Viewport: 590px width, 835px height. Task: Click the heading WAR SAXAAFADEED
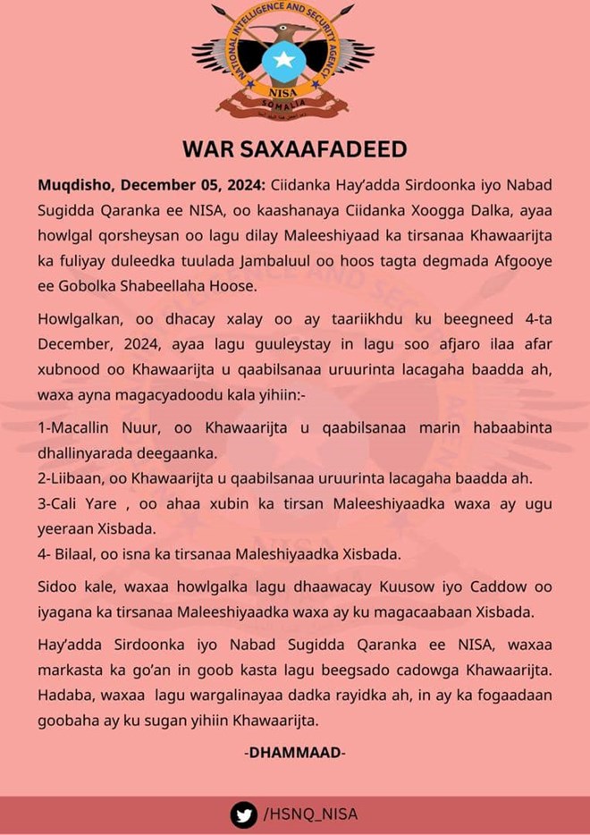(295, 148)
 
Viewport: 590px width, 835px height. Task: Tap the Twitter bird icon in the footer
(243, 814)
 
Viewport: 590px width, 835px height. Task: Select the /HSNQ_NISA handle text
(310, 814)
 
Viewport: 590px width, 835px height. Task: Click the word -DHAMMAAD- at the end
(295, 753)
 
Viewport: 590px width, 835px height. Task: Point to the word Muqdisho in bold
(74, 185)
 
